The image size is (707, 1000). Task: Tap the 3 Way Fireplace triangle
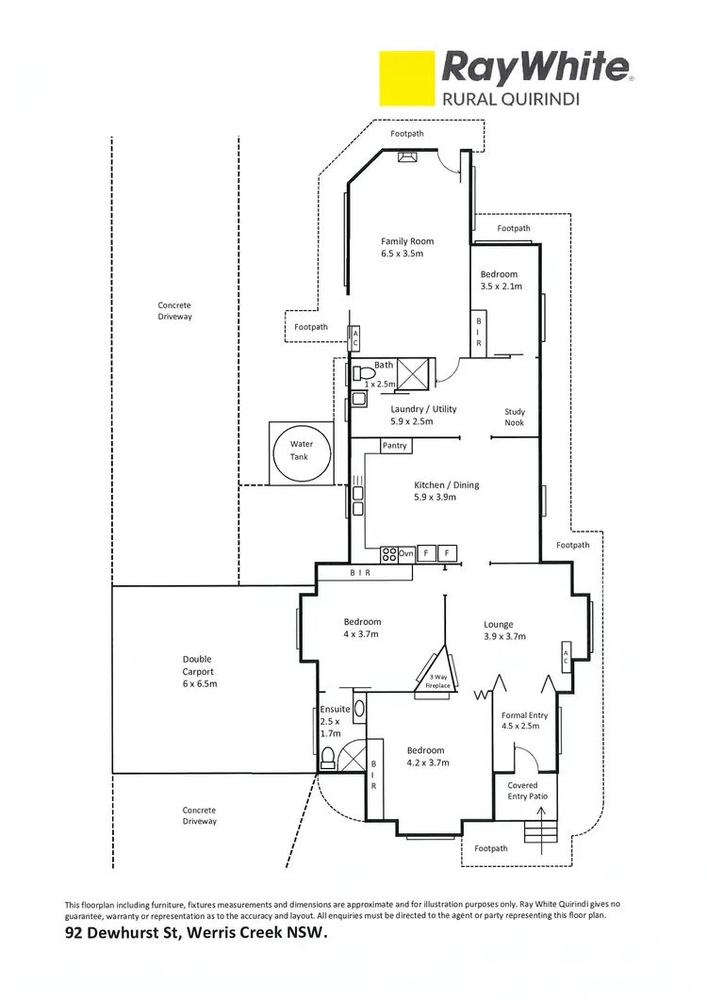click(439, 668)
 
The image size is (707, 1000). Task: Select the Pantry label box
click(395, 446)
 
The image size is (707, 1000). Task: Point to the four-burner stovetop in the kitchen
click(388, 553)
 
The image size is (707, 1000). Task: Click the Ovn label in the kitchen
click(407, 553)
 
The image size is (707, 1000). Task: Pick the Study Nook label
click(515, 418)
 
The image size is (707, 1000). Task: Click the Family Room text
click(407, 241)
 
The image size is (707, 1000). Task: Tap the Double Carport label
click(197, 665)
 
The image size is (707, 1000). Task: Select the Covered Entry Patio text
click(522, 790)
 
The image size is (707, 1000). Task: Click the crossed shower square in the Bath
click(415, 373)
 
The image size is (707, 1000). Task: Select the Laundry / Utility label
click(423, 409)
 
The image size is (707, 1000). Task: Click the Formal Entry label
click(524, 715)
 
